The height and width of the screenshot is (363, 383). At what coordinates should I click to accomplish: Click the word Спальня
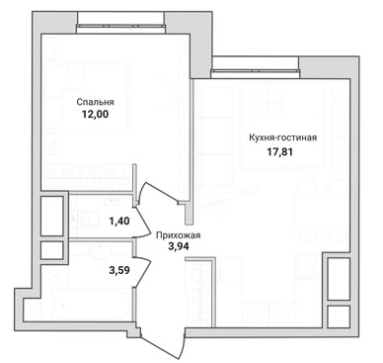[x=95, y=102]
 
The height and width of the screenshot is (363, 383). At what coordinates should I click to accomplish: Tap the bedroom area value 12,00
[x=95, y=115]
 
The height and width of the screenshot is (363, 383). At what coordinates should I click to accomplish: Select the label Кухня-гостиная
[x=283, y=137]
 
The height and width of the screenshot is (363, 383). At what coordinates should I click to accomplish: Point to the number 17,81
[x=279, y=152]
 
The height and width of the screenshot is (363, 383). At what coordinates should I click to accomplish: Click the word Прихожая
[x=178, y=235]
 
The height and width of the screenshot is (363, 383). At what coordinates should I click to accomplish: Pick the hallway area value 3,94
[x=179, y=246]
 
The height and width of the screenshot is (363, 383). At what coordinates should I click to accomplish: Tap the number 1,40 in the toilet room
[x=119, y=221]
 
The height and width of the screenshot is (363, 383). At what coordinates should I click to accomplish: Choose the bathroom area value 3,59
[x=119, y=270]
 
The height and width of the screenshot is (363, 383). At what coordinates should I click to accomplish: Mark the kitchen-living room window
[x=256, y=73]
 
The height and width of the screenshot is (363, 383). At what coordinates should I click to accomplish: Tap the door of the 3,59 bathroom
[x=142, y=273]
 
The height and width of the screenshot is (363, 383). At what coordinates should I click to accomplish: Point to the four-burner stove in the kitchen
[x=256, y=315]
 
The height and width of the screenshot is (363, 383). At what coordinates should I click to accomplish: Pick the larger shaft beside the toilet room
[x=52, y=216]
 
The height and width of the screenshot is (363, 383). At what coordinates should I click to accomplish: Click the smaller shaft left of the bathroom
[x=52, y=250]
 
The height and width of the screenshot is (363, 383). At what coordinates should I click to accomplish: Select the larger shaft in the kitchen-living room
[x=339, y=279]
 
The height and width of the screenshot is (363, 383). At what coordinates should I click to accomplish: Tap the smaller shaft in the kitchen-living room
[x=339, y=316]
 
